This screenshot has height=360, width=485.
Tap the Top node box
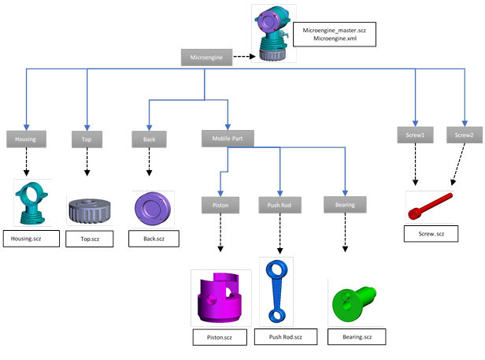pos(87,139)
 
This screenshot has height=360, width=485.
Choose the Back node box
pos(149,139)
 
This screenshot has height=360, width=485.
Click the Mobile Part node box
pos(228,139)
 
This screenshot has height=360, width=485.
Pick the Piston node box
pos(220,205)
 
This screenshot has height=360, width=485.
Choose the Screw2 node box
pos(465,135)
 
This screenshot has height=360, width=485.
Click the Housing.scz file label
pos(31,237)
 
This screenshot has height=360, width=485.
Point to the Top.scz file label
pos(90,237)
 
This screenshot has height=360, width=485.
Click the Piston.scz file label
pos(220,337)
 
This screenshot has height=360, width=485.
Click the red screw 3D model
pos(430,206)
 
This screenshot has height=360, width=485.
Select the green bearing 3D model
pos(355,302)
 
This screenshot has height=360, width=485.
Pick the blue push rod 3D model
pos(277,290)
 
